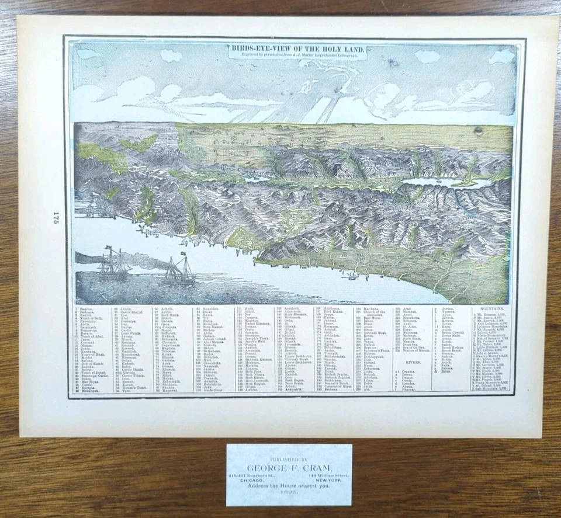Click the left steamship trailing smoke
pyautogui.click(x=115, y=265)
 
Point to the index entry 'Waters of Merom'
pyautogui.click(x=416, y=350)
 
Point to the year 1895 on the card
pyautogui.click(x=289, y=493)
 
